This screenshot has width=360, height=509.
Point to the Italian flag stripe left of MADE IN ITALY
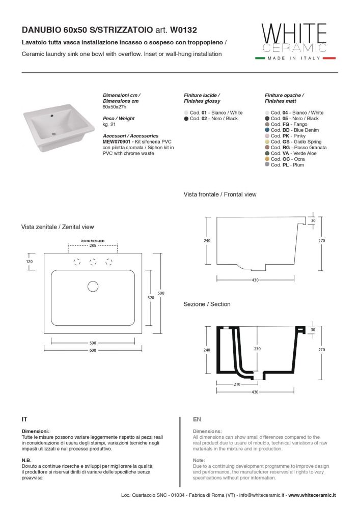(x=264, y=59)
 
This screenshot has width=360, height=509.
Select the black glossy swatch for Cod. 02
(x=186, y=119)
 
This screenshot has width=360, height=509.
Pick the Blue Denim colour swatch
(x=267, y=130)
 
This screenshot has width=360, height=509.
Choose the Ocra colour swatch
(x=267, y=159)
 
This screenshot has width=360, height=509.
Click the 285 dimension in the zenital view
(x=93, y=245)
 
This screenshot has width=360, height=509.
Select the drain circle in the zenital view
(x=93, y=287)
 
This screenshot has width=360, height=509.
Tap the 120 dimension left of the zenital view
(x=29, y=261)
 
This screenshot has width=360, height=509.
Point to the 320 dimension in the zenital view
(x=151, y=298)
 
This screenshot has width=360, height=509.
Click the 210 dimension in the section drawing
(x=237, y=384)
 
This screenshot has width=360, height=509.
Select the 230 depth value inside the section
(x=258, y=349)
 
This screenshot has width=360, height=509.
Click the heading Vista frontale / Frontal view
(x=220, y=194)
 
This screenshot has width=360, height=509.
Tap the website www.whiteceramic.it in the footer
(x=315, y=495)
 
